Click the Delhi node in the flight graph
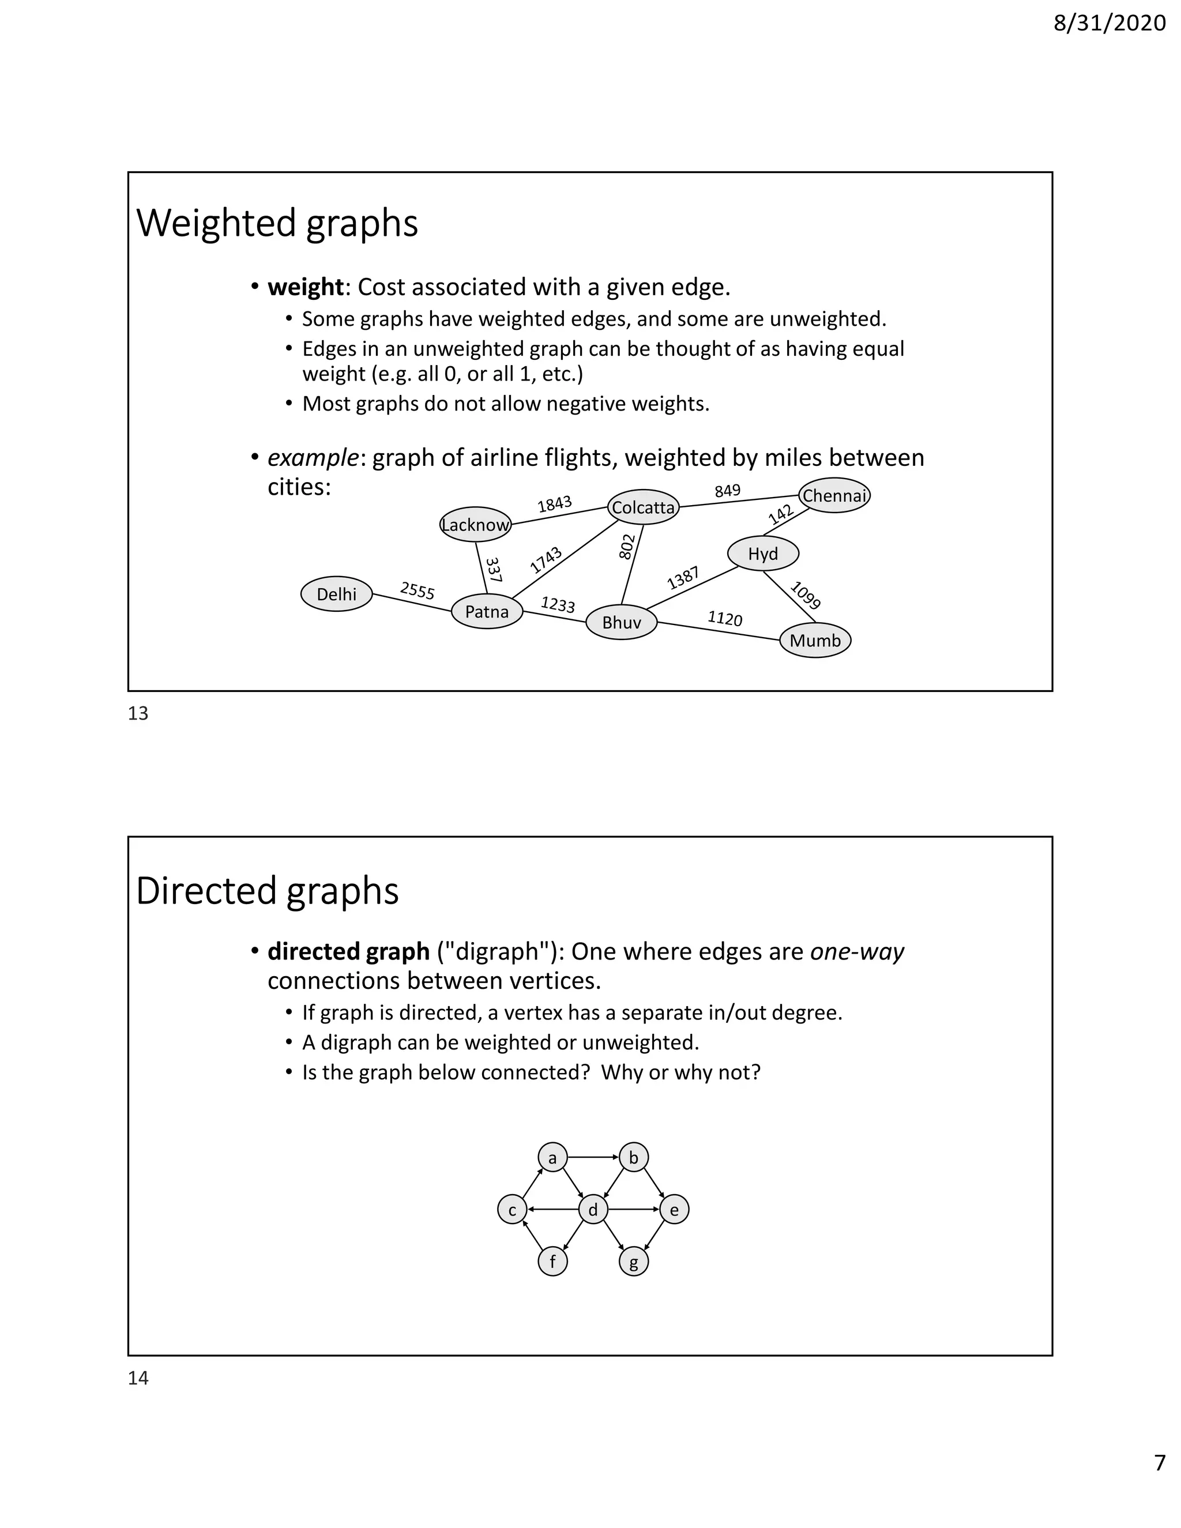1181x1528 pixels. click(337, 594)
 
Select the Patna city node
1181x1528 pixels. click(487, 612)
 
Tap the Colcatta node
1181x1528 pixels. click(643, 507)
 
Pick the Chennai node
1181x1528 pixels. click(834, 496)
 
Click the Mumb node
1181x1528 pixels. click(815, 640)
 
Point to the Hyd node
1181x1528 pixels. click(762, 554)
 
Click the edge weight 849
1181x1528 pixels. click(728, 491)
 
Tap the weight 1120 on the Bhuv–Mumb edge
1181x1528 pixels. click(725, 619)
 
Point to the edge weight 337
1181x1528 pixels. click(494, 570)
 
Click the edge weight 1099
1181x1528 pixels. click(805, 596)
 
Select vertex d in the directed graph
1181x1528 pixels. click(593, 1210)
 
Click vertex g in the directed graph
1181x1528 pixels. click(634, 1262)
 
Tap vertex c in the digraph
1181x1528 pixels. click(512, 1210)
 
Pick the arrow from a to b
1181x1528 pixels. click(593, 1157)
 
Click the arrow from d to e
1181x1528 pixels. click(634, 1209)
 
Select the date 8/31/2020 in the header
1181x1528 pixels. click(1109, 23)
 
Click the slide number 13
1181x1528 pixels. click(138, 714)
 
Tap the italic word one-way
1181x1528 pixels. click(857, 951)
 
